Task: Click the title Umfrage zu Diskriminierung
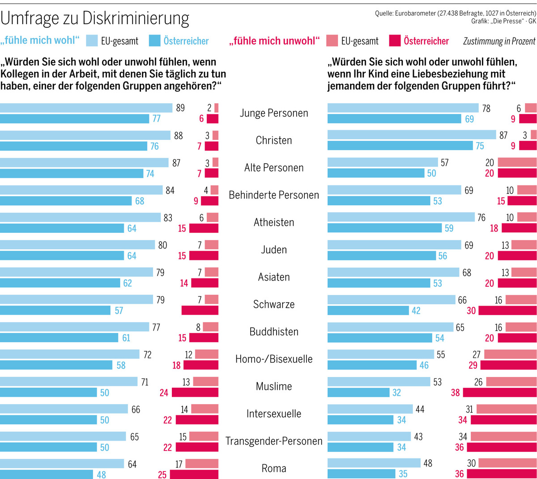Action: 95,18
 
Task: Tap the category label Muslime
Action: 274,387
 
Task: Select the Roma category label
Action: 274,468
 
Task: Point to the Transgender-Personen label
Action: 274,441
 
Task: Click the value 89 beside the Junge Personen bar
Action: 180,108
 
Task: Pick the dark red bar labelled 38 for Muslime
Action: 499,393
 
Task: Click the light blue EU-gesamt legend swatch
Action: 92,41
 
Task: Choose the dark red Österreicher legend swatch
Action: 394,41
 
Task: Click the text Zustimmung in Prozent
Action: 499,42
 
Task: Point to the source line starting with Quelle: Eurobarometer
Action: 455,13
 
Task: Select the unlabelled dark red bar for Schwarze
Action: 200,311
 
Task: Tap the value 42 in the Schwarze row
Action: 416,311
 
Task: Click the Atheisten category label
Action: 274,222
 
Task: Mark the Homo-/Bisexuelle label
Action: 274,359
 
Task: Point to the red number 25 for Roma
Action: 162,475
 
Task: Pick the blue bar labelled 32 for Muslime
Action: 358,393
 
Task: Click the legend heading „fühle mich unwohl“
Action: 274,41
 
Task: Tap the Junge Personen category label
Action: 274,113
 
